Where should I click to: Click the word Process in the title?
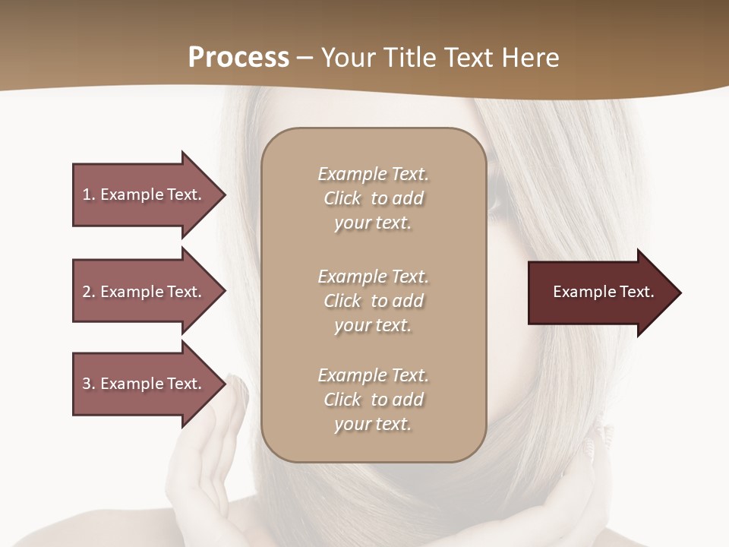tap(238, 58)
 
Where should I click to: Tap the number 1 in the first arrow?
tap(87, 194)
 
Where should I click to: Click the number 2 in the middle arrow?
tap(87, 292)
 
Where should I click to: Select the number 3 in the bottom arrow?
tap(87, 384)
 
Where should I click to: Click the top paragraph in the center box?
tap(373, 198)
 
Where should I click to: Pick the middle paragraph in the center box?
tap(373, 301)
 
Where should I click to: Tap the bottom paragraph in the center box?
tap(373, 400)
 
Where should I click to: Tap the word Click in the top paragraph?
tap(342, 198)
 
